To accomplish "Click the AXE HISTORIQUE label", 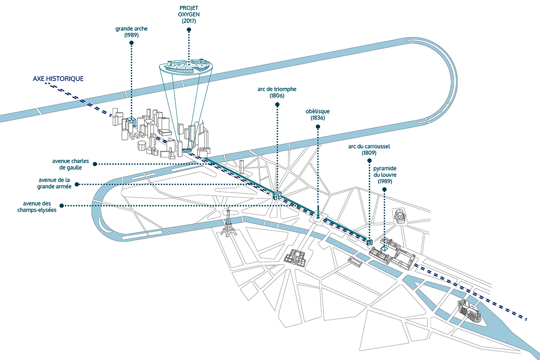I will (x=58, y=78).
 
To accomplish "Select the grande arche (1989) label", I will (x=131, y=31).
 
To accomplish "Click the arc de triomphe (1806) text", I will (x=277, y=92).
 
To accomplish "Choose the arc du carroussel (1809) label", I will (x=369, y=149).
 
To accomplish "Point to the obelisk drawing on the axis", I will (x=318, y=213).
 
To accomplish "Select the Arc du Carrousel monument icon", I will (x=369, y=242).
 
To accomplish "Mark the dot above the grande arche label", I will (x=131, y=43).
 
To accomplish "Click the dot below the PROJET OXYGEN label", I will (x=189, y=30).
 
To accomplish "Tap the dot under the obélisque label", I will (x=318, y=126).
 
